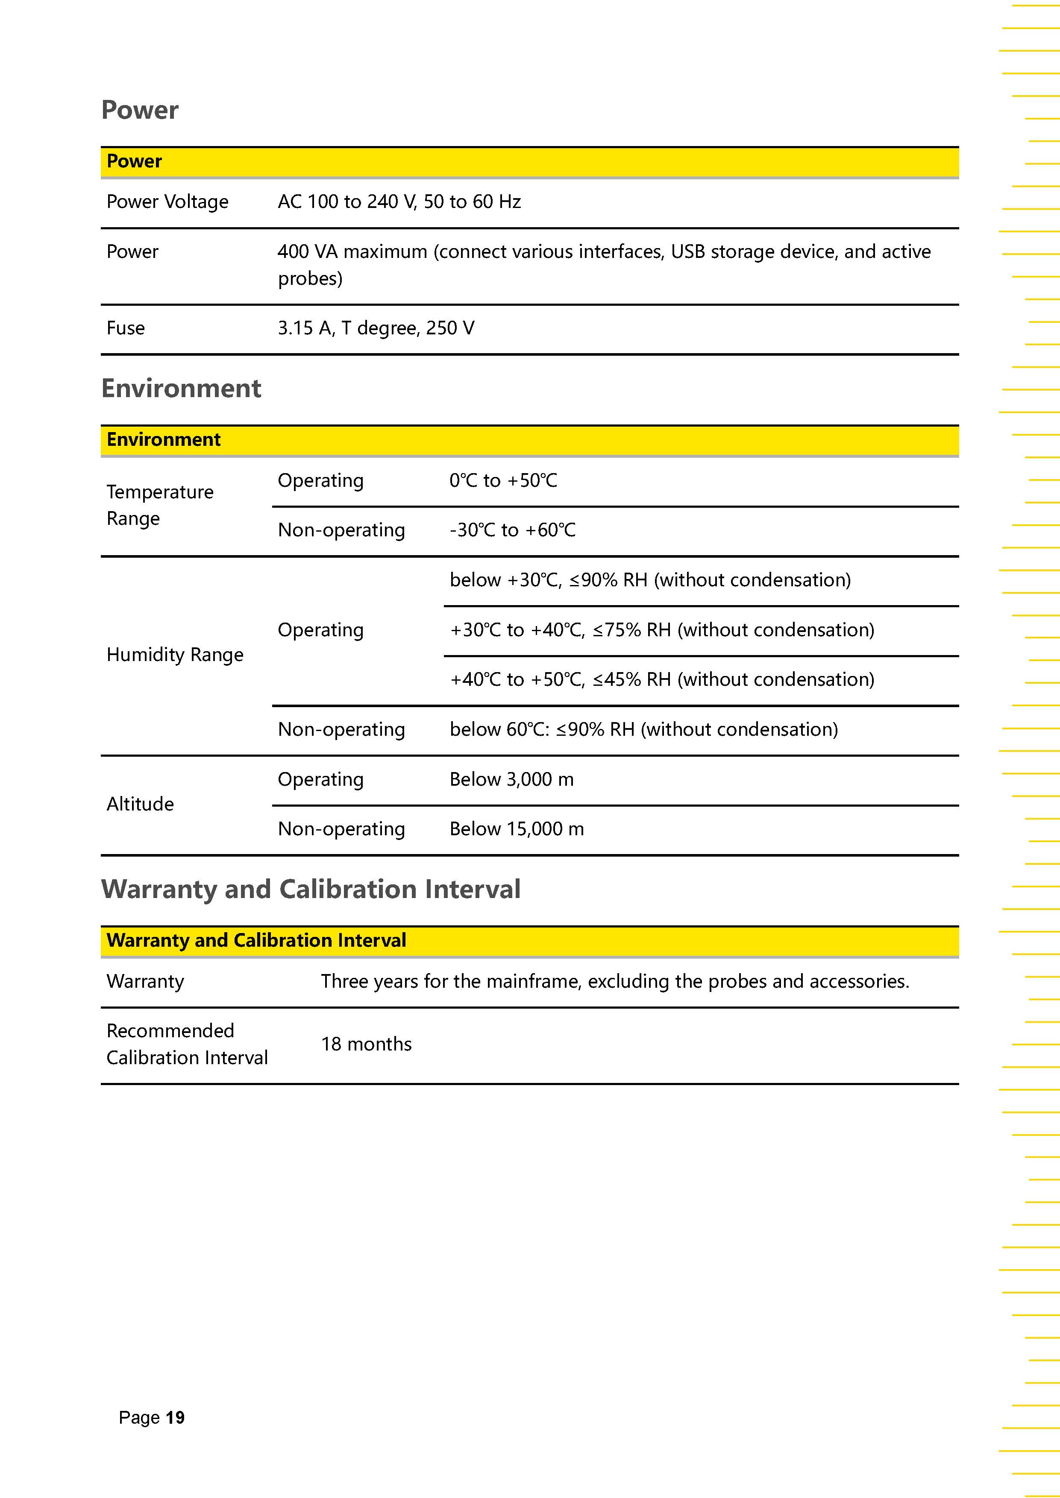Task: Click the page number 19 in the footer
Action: click(175, 1417)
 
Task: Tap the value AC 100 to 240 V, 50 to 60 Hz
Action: click(399, 202)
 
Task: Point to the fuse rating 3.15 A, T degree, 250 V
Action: click(376, 328)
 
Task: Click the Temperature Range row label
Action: click(160, 505)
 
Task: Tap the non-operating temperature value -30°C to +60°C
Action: click(512, 530)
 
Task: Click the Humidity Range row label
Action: click(174, 654)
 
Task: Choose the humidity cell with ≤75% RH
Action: click(662, 630)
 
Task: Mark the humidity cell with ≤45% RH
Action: click(662, 680)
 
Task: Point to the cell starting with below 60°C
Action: click(643, 729)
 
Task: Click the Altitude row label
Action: click(140, 804)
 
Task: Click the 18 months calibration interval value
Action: click(366, 1044)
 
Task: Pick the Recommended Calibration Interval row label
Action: click(187, 1044)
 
